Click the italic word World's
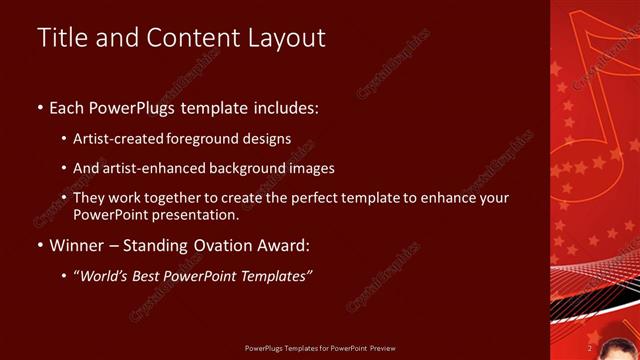tap(108, 277)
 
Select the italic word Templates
tap(276, 277)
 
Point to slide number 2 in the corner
tap(590, 347)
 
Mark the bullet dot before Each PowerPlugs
tap(40, 107)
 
